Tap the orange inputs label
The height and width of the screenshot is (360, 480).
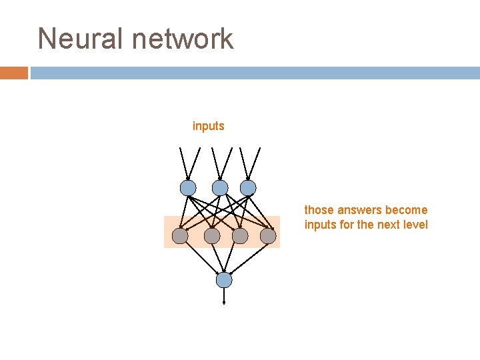point(209,126)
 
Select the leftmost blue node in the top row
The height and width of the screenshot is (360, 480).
point(188,188)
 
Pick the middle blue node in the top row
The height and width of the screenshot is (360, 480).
point(220,188)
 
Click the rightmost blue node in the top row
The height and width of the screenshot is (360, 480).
point(248,188)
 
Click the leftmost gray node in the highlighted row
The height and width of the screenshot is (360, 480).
point(180,235)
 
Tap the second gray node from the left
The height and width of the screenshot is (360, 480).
point(212,235)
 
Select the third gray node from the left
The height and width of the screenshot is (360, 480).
point(240,235)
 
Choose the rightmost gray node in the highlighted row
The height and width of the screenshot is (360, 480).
point(268,235)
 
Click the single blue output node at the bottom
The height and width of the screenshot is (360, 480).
point(224,280)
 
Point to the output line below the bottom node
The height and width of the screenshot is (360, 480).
point(224,295)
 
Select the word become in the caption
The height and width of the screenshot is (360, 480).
point(407,210)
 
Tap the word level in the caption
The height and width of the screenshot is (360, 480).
point(415,225)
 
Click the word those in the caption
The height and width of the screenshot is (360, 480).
point(317,210)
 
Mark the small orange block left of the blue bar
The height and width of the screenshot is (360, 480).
point(13,73)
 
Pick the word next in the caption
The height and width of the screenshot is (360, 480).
point(388,225)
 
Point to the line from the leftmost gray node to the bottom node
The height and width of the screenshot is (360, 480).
point(202,258)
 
